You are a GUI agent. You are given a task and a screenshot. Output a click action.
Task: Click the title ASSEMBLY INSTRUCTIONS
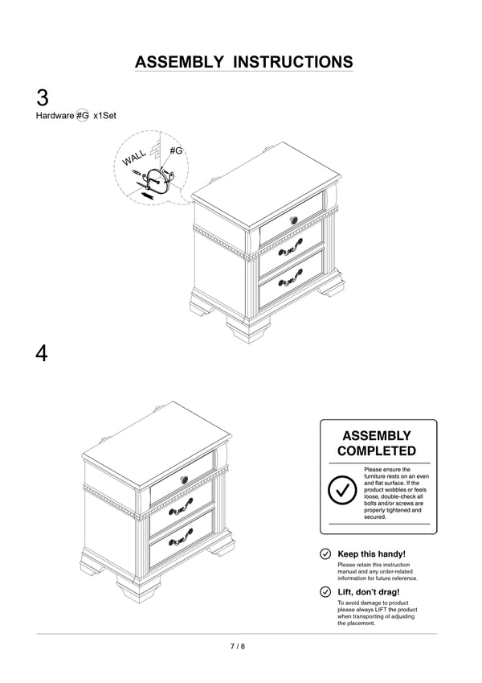click(243, 62)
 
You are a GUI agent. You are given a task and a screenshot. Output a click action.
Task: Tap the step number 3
click(43, 98)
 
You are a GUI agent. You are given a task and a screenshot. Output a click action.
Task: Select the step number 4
click(42, 353)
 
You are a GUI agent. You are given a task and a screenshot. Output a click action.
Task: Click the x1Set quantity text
click(105, 116)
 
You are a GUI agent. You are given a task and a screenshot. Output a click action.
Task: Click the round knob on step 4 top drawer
click(184, 480)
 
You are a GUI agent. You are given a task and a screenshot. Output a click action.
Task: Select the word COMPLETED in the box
click(377, 451)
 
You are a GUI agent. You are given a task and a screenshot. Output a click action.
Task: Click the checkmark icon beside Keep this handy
click(325, 554)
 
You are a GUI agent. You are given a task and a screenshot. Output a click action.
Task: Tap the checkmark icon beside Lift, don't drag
click(325, 592)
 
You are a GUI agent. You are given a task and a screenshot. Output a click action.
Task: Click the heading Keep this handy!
click(372, 554)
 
